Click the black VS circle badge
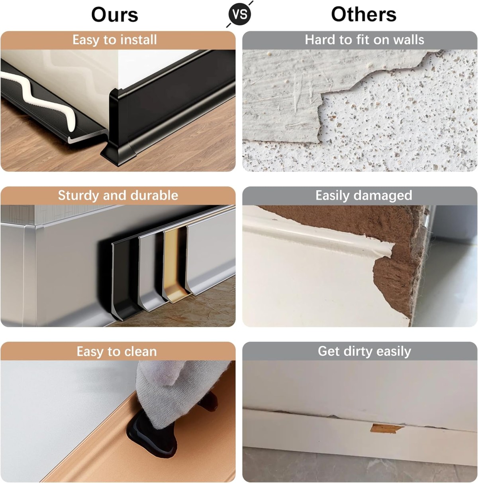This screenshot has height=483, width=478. pos(240,14)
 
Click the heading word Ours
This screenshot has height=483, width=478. pos(115,15)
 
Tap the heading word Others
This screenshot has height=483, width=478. pos(364,14)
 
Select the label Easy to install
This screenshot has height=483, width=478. pos(115,40)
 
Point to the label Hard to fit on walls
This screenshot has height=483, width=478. pos(364,39)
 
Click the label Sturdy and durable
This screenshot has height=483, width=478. pos(118,195)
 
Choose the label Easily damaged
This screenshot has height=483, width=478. pos(364,195)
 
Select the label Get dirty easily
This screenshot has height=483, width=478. pos(364,351)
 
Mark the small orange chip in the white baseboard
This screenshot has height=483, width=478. pos(386,429)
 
